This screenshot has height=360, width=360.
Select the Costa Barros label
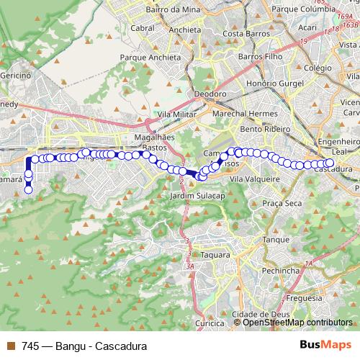[246, 33]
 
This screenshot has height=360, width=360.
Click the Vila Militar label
[177, 114]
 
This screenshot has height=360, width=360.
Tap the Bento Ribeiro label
[266, 129]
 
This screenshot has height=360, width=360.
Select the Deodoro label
[210, 94]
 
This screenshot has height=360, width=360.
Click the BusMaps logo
[325, 346]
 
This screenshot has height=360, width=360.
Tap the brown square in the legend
[10, 346]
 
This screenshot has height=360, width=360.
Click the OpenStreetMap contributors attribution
[297, 323]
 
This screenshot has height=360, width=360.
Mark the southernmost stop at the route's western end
[29, 190]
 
